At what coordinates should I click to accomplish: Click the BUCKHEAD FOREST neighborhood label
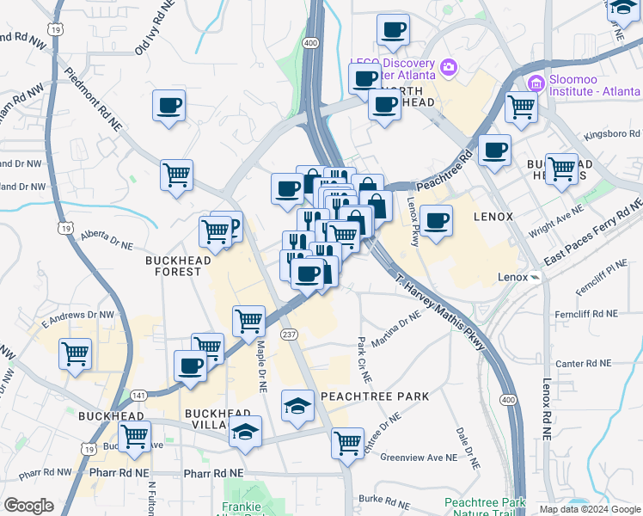173,265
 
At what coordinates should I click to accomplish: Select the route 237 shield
290,335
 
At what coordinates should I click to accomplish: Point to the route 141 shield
139,396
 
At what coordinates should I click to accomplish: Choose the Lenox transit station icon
535,277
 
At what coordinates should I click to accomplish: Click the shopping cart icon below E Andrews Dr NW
76,353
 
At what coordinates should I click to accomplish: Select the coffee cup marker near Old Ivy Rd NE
168,106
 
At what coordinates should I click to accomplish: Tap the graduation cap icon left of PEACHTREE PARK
297,404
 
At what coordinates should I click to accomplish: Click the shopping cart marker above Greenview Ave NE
348,442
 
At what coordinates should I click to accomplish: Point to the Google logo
28,506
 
